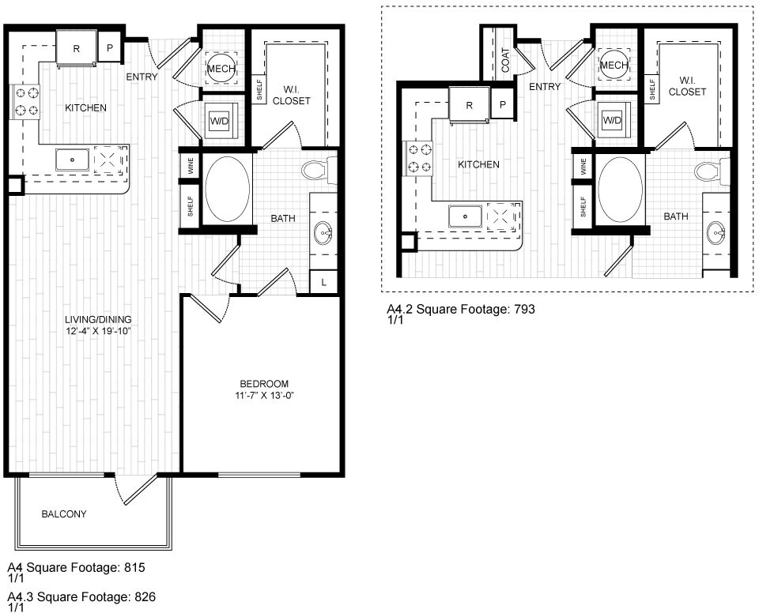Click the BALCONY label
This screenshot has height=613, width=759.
[x=64, y=513]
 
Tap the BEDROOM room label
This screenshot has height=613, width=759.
[x=264, y=384]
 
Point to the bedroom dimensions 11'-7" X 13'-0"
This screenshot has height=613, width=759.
[x=264, y=395]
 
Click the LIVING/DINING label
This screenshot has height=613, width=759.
[x=98, y=319]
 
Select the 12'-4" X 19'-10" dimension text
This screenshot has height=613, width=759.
[x=99, y=332]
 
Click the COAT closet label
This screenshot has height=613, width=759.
[x=505, y=59]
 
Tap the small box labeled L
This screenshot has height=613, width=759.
[x=323, y=281]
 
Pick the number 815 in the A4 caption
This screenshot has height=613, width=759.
[x=134, y=567]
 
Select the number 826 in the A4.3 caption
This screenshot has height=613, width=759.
[x=145, y=597]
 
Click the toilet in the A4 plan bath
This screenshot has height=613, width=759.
[x=319, y=170]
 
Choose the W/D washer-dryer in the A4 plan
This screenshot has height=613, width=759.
[x=219, y=121]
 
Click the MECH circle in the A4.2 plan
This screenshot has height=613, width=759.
[x=614, y=65]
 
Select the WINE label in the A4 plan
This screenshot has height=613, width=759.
[x=191, y=166]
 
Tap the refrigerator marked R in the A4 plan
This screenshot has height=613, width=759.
[x=77, y=47]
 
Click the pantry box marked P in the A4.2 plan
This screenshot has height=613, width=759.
[x=503, y=104]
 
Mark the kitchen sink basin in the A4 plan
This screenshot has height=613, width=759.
[x=73, y=160]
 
